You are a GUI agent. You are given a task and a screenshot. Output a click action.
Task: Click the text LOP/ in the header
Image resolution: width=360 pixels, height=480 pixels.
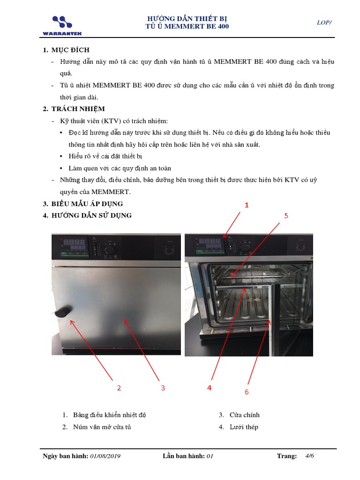pos(324,22)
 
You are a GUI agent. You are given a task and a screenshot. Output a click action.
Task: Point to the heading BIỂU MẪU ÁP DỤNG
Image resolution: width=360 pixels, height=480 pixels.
pos(89,204)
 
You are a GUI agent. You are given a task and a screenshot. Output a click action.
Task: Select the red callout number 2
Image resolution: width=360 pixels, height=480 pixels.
pos(119,388)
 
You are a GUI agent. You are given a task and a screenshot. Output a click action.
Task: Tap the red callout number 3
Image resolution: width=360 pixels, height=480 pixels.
pos(163,388)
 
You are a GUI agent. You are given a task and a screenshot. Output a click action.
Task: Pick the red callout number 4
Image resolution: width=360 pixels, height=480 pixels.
pos(210,388)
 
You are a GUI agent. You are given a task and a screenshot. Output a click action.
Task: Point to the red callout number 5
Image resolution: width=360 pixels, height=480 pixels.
pos(286,216)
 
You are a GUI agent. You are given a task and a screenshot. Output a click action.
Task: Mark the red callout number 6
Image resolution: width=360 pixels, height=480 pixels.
pos(247,392)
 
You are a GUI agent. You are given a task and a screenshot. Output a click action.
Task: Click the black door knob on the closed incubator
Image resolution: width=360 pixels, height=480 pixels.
pos(63,312)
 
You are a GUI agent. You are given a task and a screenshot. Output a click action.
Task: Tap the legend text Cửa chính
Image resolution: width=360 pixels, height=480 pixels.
pos(244,415)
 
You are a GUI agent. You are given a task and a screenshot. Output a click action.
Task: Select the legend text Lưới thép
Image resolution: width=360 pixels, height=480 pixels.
pos(244,427)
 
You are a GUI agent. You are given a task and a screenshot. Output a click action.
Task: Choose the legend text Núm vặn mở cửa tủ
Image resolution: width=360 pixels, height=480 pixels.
pos(102,427)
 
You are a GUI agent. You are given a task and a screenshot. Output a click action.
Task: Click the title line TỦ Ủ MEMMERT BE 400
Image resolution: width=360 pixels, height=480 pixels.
pos(187,27)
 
